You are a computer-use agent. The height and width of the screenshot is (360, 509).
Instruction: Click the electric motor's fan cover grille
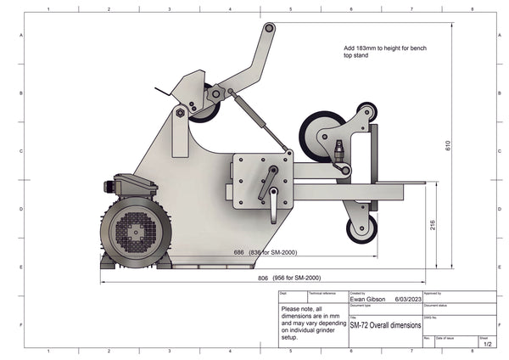(x=136, y=228)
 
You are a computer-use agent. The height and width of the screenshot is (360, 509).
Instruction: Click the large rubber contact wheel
(x=318, y=136)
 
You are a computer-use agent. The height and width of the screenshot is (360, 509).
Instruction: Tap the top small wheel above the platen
(x=367, y=112)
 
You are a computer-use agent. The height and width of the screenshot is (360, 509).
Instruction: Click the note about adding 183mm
(x=384, y=52)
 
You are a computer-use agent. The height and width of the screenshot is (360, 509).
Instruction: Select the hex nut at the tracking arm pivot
(x=180, y=111)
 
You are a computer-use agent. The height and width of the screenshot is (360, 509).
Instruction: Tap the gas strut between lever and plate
(x=255, y=123)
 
